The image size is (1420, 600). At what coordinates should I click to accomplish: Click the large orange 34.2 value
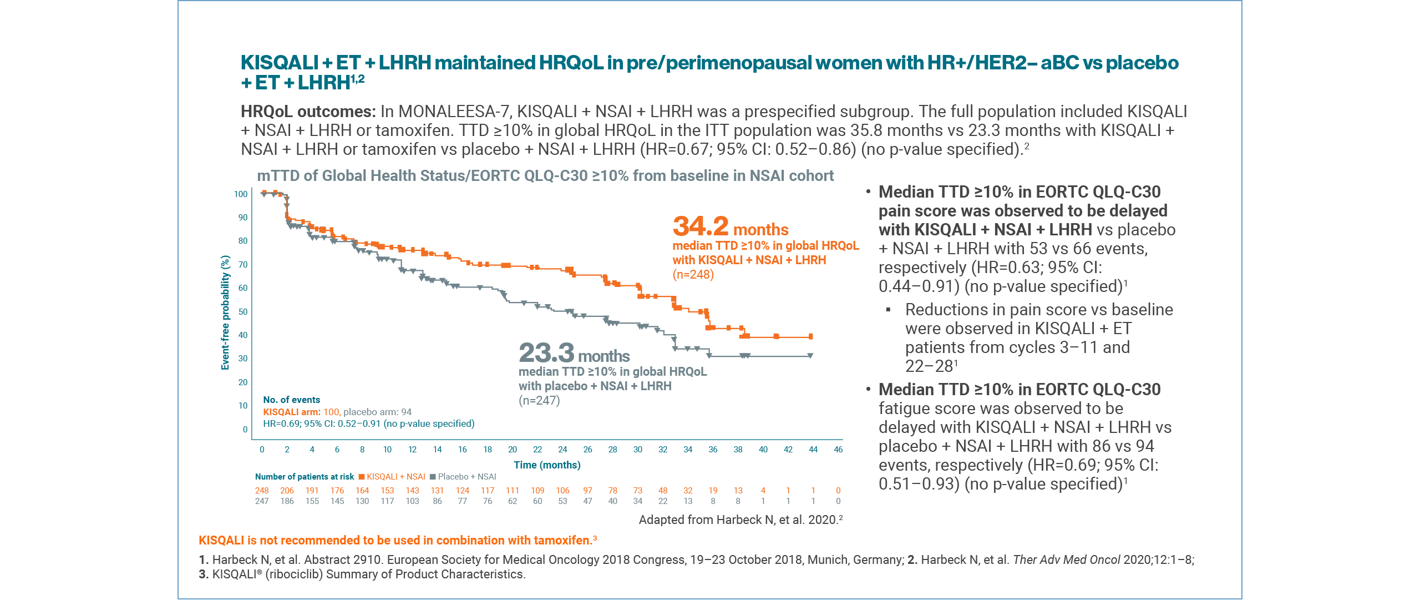[x=700, y=226]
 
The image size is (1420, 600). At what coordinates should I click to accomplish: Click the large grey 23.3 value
[x=546, y=353]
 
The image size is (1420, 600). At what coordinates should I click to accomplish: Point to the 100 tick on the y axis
[x=241, y=194]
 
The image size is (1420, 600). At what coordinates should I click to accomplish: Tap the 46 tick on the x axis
[x=838, y=450]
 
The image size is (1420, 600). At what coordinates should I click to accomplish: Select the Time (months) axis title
[x=547, y=465]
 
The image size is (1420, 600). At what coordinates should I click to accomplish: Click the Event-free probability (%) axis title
[x=225, y=312]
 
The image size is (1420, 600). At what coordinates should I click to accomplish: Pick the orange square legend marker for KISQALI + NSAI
[x=362, y=477]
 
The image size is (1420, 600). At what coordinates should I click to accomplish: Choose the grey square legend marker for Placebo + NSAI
[x=433, y=477]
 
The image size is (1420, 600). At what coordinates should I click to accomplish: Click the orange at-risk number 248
[x=262, y=491]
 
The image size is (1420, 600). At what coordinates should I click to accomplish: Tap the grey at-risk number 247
[x=262, y=501]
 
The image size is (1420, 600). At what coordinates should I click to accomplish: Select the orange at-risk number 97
[x=587, y=491]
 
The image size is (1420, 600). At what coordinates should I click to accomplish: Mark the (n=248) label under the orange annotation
[x=693, y=275]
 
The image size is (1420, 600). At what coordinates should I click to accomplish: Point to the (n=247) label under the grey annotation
[x=539, y=401]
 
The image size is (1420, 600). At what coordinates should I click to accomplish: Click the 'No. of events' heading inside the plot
[x=291, y=400]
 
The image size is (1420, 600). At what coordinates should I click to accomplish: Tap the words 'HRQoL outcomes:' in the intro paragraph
[x=308, y=112]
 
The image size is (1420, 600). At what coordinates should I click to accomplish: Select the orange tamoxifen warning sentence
[x=397, y=541]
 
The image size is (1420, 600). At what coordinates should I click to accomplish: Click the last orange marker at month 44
[x=811, y=336]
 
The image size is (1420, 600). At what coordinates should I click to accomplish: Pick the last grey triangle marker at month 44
[x=810, y=356]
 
